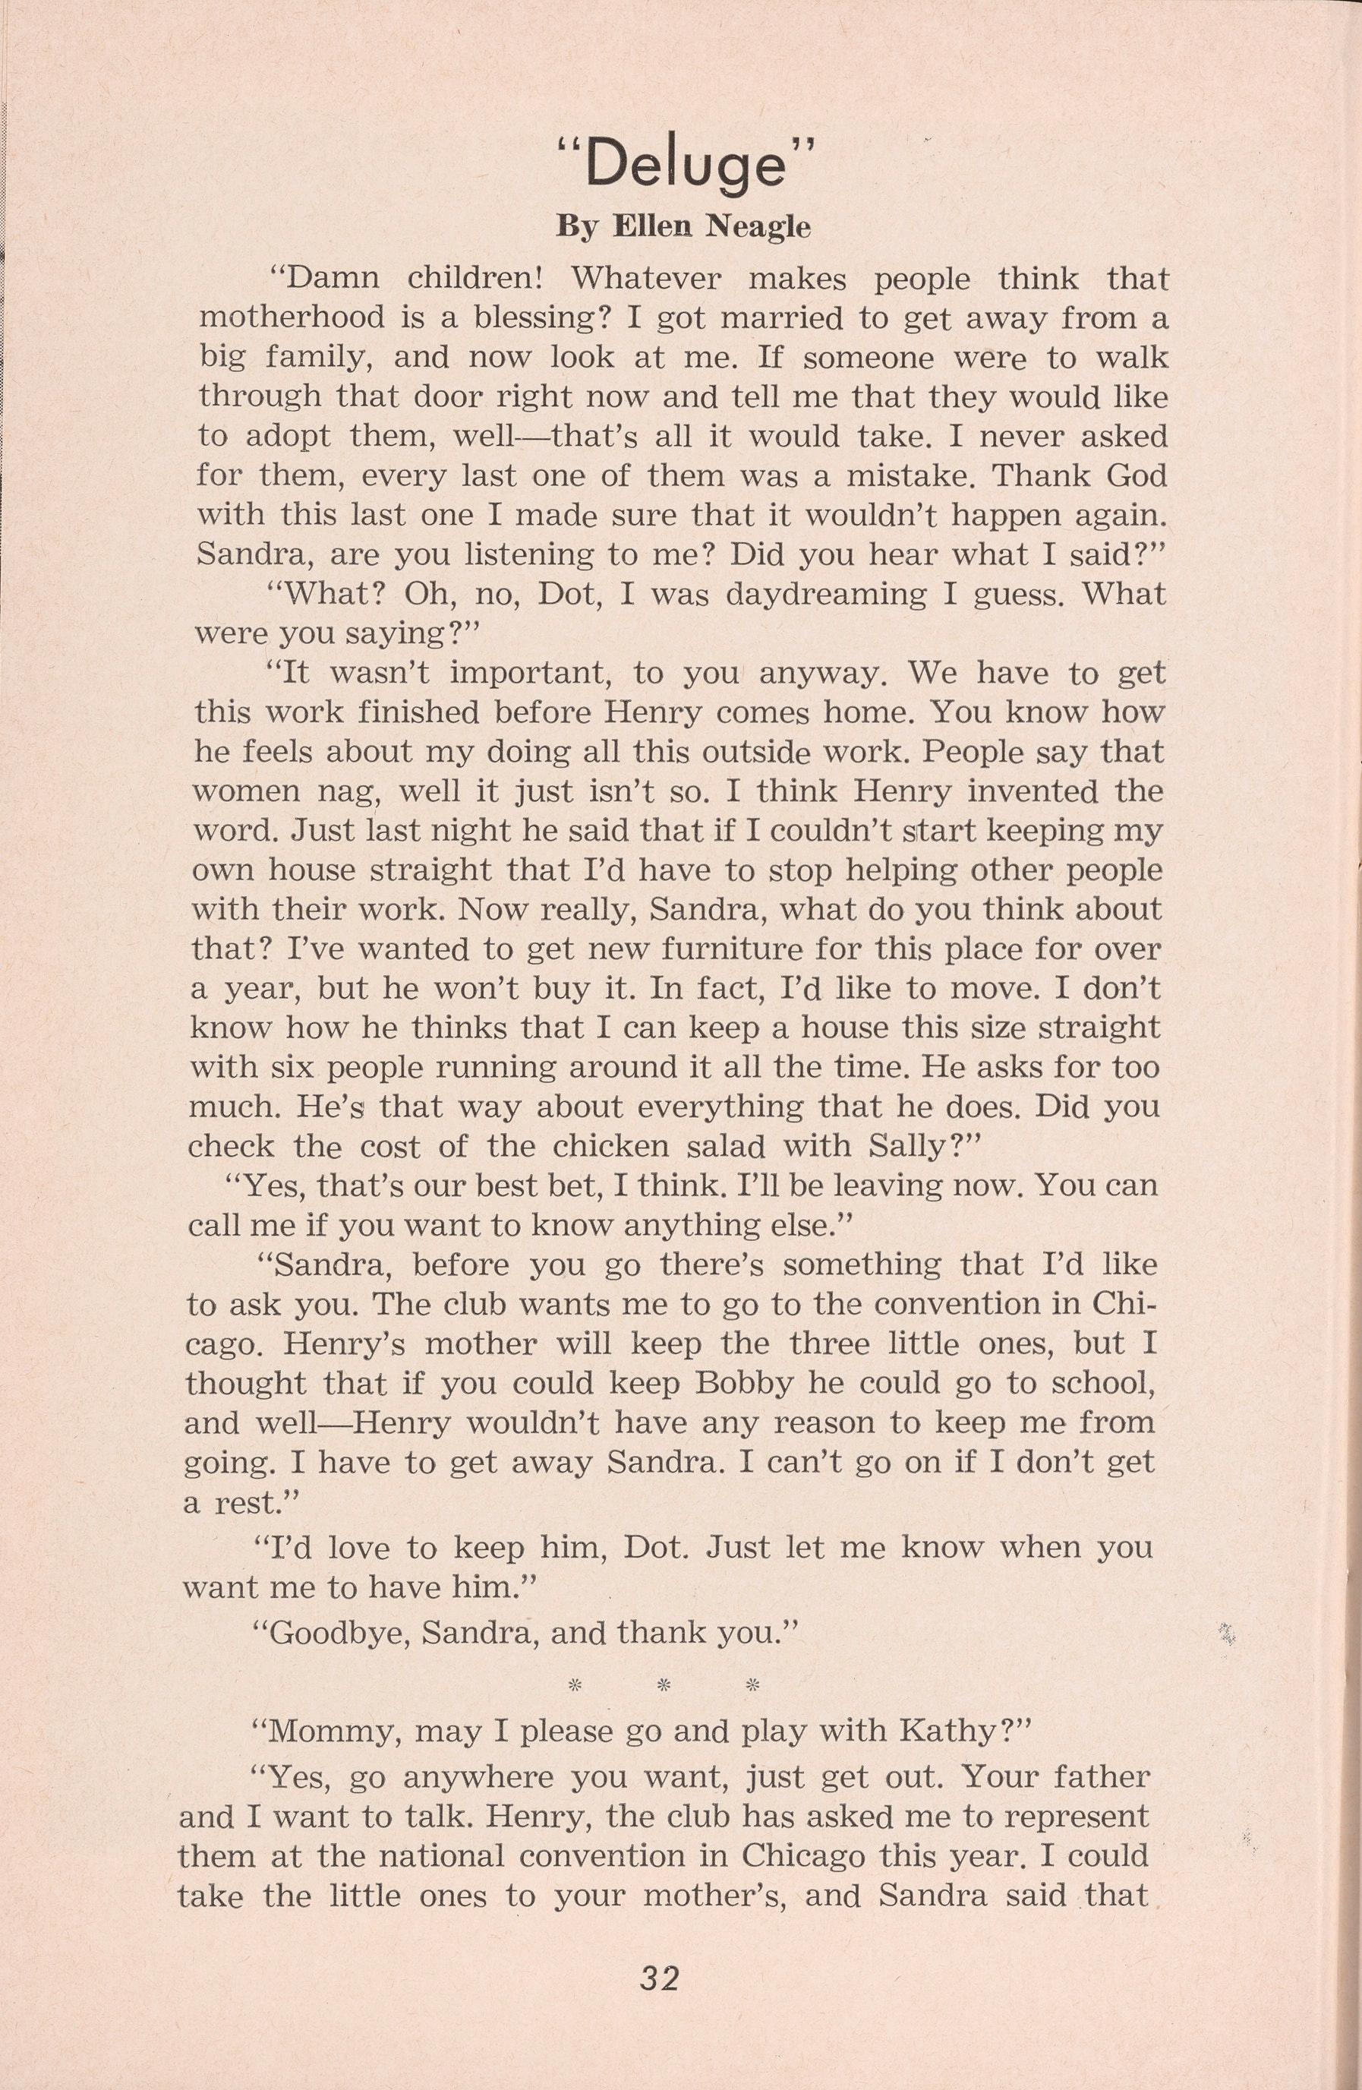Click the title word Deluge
point(685,165)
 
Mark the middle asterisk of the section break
point(664,1685)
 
